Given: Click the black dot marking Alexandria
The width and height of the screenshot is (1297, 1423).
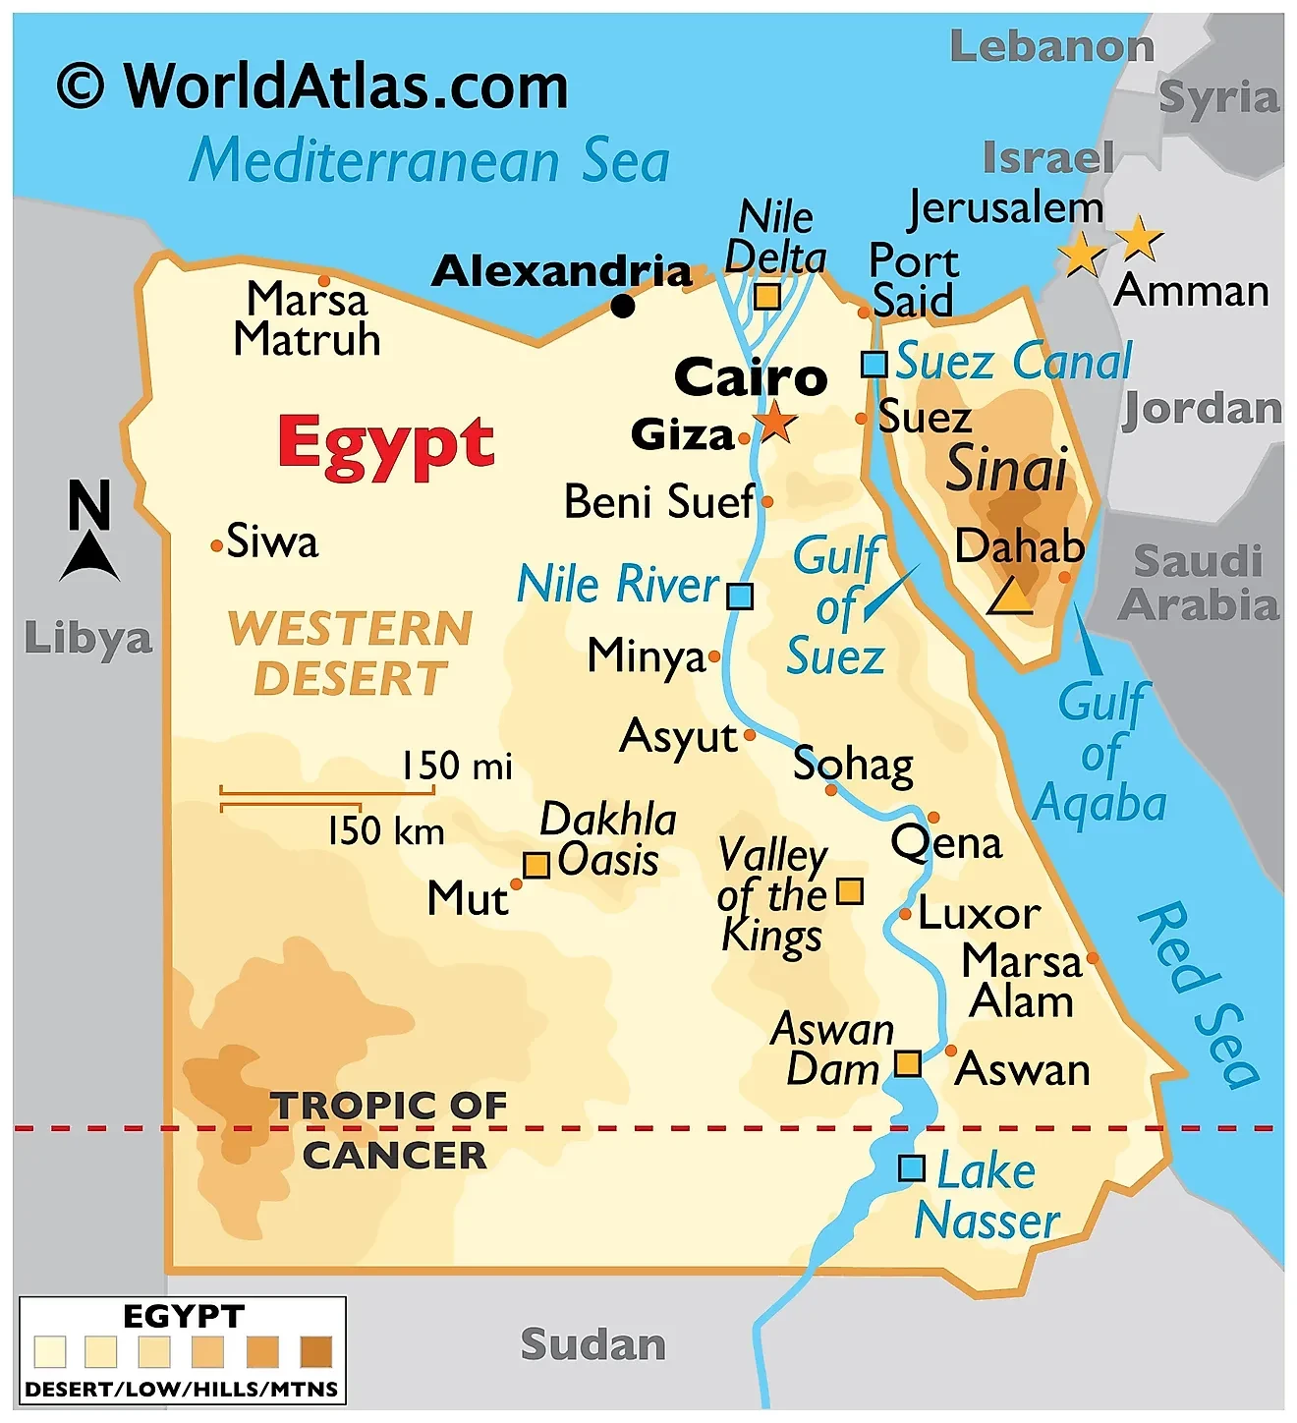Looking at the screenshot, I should [623, 306].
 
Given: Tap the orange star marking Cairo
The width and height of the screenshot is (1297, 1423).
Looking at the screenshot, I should [776, 422].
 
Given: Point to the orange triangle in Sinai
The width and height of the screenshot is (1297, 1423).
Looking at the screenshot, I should [1009, 597].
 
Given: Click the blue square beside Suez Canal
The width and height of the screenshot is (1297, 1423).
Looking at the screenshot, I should [874, 365].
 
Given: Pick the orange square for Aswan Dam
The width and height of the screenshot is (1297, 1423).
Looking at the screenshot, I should [907, 1063].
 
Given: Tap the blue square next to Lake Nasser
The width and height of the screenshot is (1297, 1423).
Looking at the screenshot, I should [911, 1168].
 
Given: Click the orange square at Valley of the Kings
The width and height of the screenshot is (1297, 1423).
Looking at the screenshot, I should [849, 891].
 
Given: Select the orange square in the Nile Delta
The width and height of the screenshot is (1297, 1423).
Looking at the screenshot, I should [766, 296].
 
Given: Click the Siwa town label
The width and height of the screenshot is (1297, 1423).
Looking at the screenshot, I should [272, 542].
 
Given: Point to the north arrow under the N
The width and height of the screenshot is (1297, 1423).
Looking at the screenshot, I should [90, 557].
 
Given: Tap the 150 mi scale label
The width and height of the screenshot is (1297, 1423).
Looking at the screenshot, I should [457, 766].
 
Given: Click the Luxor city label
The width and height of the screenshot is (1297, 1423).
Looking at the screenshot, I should [979, 915].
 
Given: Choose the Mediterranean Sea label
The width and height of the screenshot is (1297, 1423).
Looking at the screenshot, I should [429, 161].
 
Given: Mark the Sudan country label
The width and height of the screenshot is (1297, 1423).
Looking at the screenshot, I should [592, 1344].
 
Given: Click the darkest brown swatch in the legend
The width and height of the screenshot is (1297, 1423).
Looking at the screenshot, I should [315, 1352].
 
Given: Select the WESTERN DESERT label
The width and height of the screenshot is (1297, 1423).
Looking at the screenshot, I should [351, 654].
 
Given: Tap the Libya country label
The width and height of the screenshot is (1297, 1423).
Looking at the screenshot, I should [88, 639].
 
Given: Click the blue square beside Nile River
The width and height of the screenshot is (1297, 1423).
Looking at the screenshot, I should [740, 597].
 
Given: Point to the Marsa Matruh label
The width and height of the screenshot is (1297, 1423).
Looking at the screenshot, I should [307, 319].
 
